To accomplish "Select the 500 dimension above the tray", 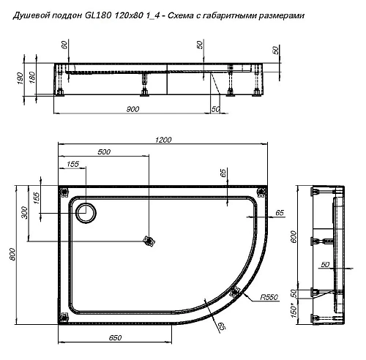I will (105, 152).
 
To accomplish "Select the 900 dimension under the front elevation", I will (132, 109).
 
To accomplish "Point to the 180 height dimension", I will (33, 79).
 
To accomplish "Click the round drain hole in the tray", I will (86, 212).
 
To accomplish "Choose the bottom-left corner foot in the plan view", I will (64, 317).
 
